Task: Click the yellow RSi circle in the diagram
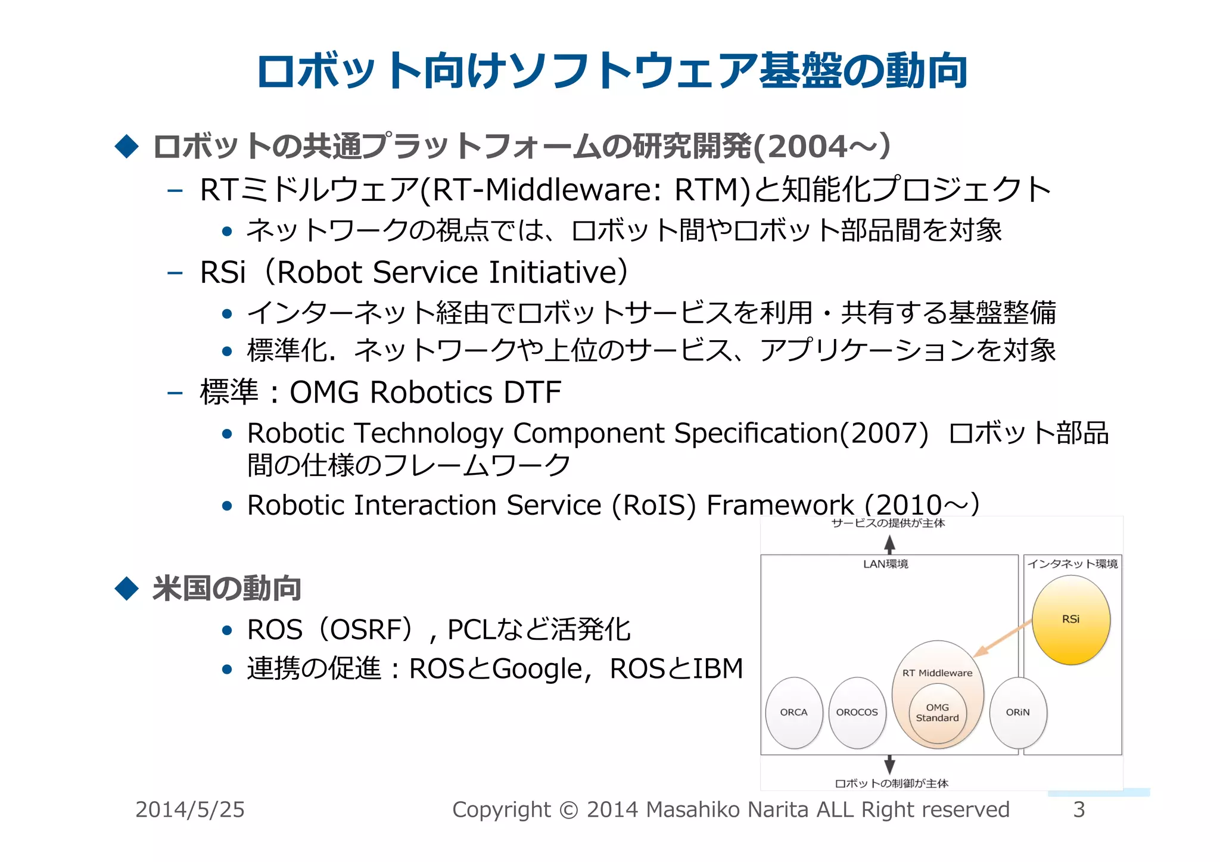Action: click(x=1070, y=620)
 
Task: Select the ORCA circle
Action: click(x=793, y=712)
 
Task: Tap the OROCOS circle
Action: click(x=857, y=712)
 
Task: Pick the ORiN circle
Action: click(x=1017, y=712)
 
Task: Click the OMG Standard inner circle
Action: click(x=937, y=713)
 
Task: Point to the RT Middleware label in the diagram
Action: click(x=937, y=673)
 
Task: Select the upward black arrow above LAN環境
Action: click(x=889, y=544)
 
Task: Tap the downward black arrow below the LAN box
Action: click(x=889, y=764)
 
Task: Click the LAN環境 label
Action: click(x=885, y=564)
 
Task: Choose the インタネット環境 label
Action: click(x=1072, y=564)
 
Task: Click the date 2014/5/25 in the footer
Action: click(x=189, y=810)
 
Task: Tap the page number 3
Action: click(x=1079, y=810)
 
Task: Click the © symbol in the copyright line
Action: click(x=569, y=810)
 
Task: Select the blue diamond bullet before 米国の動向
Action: click(x=126, y=588)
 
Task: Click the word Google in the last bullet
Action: click(x=537, y=669)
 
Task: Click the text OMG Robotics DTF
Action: click(x=425, y=393)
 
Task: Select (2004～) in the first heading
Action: click(x=822, y=147)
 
